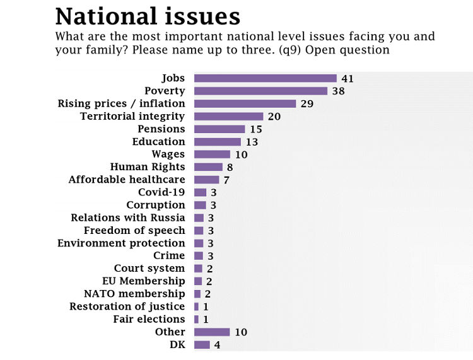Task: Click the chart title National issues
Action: (148, 16)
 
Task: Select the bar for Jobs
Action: (265, 78)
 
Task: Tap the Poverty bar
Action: (260, 91)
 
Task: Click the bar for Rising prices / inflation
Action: (245, 103)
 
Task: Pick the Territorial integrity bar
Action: (228, 116)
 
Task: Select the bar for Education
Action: (217, 142)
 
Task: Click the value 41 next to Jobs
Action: (347, 78)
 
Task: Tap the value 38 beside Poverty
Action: (338, 91)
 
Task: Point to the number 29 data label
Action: (307, 103)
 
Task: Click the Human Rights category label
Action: (148, 167)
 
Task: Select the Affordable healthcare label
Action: (127, 180)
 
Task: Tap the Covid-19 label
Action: (161, 192)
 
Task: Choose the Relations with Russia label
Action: (128, 218)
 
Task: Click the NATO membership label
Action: (134, 294)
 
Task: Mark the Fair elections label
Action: (149, 319)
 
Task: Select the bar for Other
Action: (212, 332)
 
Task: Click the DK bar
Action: (202, 345)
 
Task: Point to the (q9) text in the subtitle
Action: (294, 50)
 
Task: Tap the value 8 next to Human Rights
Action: (229, 167)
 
